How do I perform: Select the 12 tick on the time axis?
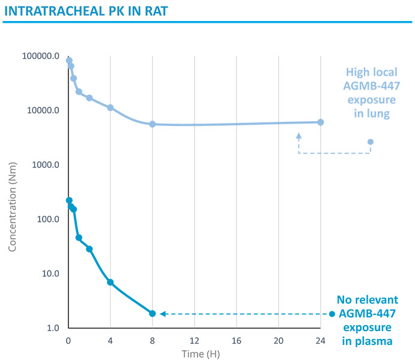pyautogui.click(x=194, y=340)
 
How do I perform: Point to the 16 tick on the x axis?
pyautogui.click(x=236, y=340)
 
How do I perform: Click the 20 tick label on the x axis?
pyautogui.click(x=278, y=340)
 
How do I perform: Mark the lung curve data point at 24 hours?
pyautogui.click(x=320, y=122)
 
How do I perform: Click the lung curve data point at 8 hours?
pyautogui.click(x=153, y=124)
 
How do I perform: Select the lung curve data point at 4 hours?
pyautogui.click(x=111, y=107)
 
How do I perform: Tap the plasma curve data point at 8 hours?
pyautogui.click(x=153, y=313)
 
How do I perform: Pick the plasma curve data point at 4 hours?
pyautogui.click(x=111, y=282)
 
